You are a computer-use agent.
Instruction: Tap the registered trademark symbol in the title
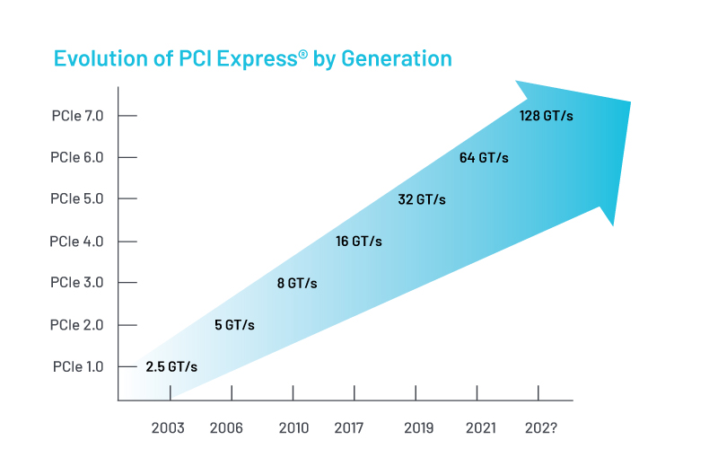click(x=303, y=54)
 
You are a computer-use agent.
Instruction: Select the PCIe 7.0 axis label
click(x=78, y=116)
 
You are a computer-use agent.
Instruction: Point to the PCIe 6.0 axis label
click(x=78, y=157)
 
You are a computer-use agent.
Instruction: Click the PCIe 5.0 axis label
click(x=78, y=199)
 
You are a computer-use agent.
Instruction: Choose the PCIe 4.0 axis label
click(x=78, y=241)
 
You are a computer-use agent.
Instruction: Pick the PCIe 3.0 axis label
click(x=78, y=283)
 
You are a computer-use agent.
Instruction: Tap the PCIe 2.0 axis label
click(x=78, y=324)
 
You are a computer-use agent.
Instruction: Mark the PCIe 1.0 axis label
click(x=78, y=366)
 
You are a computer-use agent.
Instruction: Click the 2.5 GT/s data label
click(x=171, y=366)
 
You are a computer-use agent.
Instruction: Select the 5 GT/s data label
click(x=234, y=325)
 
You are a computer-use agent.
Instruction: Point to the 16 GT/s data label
click(x=359, y=242)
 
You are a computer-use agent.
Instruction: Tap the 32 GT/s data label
click(x=422, y=199)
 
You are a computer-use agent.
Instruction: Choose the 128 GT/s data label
click(x=547, y=116)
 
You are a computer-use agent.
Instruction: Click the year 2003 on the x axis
click(x=167, y=428)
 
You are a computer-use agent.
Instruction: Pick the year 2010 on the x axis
click(x=294, y=428)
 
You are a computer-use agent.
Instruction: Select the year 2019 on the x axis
click(x=419, y=428)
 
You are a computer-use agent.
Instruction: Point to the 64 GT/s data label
click(x=484, y=158)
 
